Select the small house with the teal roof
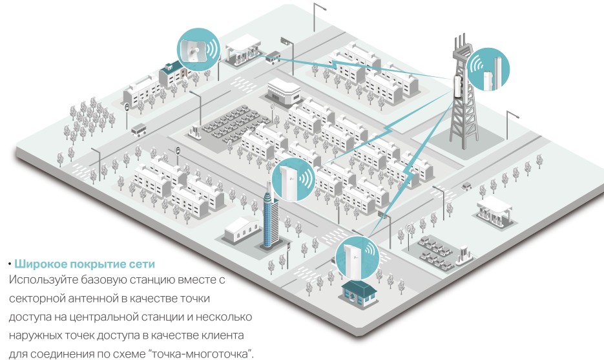click(x=359, y=293)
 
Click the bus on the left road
click(x=139, y=130)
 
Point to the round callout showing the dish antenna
click(x=198, y=49)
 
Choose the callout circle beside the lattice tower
click(x=488, y=70)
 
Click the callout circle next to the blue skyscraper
click(x=293, y=180)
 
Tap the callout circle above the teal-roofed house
click(x=357, y=257)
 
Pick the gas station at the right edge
click(x=494, y=211)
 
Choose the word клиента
click(x=220, y=335)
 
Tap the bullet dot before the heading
click(x=10, y=264)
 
